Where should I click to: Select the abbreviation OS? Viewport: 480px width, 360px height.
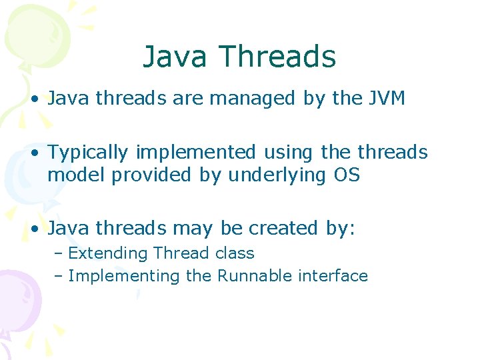coord(347,175)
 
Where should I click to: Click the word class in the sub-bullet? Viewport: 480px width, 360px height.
coord(235,254)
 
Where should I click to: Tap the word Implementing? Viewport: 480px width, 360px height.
coord(125,276)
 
